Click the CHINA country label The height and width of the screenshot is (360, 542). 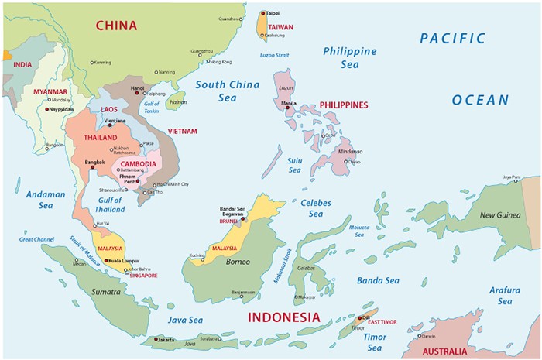(116, 26)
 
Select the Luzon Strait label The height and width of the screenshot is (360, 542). (274, 54)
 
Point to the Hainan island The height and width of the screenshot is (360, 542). (177, 101)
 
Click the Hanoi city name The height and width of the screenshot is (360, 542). (138, 88)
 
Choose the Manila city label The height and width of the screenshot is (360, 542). (289, 102)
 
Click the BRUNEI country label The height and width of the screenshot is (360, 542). (228, 221)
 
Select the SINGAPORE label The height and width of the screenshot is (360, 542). (143, 276)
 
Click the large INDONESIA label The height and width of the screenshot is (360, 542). (283, 317)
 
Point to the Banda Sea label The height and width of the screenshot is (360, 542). (378, 280)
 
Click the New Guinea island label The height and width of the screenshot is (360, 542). (499, 214)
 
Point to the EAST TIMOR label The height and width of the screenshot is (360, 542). (384, 321)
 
